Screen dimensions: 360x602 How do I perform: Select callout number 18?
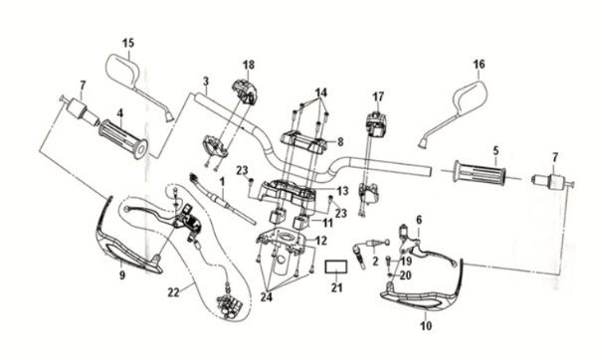(x=248, y=63)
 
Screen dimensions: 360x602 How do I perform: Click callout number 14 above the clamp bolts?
(x=321, y=93)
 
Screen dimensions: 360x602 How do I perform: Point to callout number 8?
(x=339, y=142)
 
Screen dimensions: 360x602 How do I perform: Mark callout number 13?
(x=340, y=191)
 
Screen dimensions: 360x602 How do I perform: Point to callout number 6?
(x=418, y=220)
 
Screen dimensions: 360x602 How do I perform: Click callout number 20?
(x=405, y=275)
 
